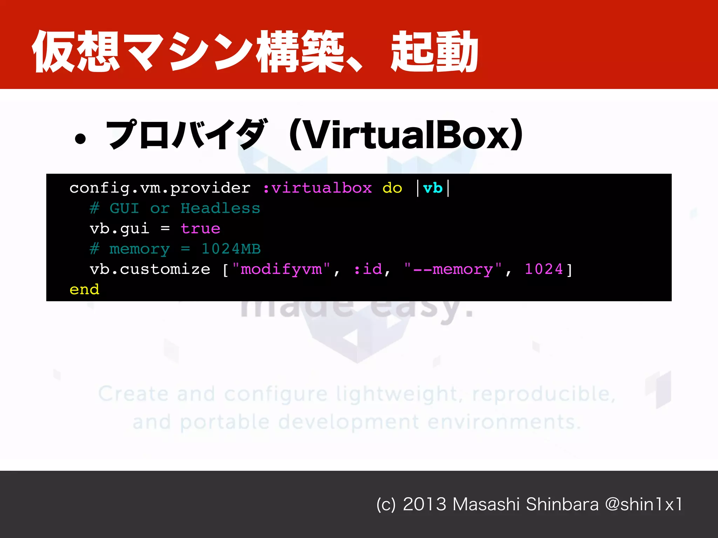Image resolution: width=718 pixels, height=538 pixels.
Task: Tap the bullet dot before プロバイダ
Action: tap(80, 138)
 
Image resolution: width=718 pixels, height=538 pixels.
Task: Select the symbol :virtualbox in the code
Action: tap(317, 188)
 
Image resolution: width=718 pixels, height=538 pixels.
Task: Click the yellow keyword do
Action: tap(392, 188)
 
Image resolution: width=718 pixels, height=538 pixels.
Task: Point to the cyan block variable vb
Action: tap(433, 188)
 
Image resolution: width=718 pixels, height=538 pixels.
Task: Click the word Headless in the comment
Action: tap(220, 209)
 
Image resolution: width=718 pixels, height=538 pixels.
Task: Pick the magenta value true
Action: tap(200, 229)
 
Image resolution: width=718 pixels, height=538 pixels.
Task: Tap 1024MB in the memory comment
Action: tap(231, 249)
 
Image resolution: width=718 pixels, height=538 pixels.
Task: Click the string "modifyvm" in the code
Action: tap(281, 269)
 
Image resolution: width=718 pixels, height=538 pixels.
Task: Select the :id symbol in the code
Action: tap(368, 269)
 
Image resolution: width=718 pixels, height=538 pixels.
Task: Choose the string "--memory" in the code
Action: tap(452, 269)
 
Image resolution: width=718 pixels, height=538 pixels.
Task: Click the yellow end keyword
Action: tap(84, 290)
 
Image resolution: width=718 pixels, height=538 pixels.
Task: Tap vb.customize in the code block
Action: tap(150, 269)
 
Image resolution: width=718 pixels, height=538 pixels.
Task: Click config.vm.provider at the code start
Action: tap(160, 188)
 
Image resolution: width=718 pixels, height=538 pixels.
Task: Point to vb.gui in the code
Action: tap(119, 229)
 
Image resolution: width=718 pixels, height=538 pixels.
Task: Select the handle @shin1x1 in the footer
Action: tap(643, 504)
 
